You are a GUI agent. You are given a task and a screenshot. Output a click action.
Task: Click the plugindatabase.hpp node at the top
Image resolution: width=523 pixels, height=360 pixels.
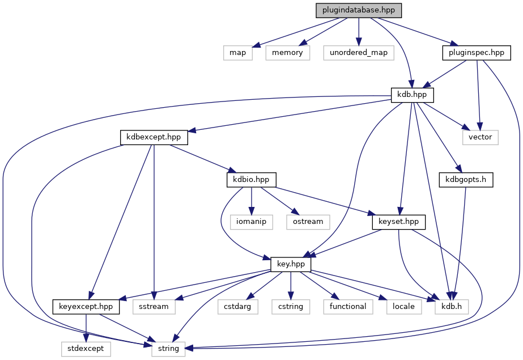tap(359, 10)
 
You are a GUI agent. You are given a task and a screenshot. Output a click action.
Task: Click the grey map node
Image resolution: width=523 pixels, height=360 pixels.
tap(237, 53)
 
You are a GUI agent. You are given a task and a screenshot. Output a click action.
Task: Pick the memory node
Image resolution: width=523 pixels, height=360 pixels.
tap(287, 53)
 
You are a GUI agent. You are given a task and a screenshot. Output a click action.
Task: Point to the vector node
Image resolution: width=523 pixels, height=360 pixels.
tap(481, 137)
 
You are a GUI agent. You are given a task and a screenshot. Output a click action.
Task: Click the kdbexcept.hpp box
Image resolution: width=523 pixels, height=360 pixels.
tap(154, 137)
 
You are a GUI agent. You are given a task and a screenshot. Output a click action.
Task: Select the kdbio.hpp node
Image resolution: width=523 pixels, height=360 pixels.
tap(251, 179)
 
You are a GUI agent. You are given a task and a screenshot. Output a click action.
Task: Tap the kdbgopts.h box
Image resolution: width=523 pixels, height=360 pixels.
tap(466, 179)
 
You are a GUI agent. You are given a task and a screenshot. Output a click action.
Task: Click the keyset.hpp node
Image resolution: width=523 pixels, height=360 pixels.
tap(399, 221)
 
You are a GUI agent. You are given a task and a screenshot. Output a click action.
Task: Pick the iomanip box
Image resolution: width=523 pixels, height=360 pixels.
tap(252, 221)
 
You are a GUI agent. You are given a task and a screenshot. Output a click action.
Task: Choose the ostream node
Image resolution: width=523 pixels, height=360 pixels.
tap(308, 221)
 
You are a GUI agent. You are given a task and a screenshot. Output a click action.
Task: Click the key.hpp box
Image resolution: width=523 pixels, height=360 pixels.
tap(291, 264)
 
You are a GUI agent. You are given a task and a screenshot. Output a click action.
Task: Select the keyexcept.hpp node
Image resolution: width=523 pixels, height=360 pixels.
tap(86, 306)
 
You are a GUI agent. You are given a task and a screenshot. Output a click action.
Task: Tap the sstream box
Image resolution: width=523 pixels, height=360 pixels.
tap(154, 306)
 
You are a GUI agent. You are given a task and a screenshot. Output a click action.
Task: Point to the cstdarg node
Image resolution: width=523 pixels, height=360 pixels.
tap(238, 306)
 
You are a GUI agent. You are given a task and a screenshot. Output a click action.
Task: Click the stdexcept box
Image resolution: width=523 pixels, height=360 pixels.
tap(86, 348)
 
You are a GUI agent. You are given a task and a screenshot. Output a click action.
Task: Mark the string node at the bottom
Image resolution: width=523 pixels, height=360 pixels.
tap(169, 348)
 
